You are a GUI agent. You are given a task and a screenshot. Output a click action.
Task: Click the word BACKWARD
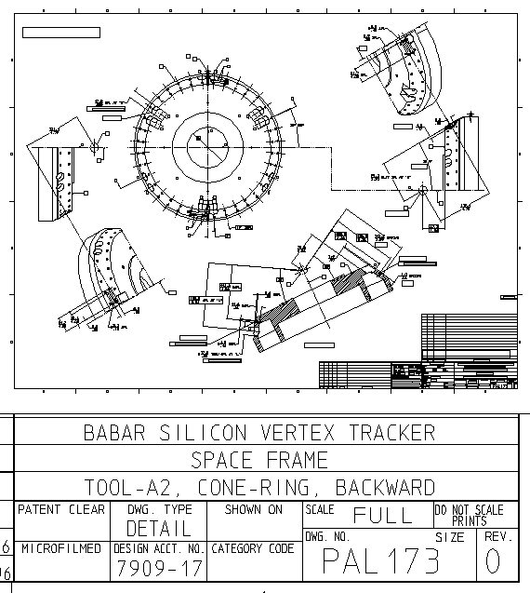pyautogui.click(x=384, y=488)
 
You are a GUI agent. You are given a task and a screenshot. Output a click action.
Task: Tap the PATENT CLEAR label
pyautogui.click(x=62, y=510)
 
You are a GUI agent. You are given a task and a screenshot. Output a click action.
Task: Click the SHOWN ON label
pyautogui.click(x=253, y=510)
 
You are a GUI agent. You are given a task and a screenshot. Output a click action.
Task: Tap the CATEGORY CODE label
pyautogui.click(x=254, y=549)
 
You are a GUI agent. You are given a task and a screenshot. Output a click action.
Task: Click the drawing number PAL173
pyautogui.click(x=380, y=562)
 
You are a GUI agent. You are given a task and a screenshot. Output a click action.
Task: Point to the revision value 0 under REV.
pyautogui.click(x=494, y=562)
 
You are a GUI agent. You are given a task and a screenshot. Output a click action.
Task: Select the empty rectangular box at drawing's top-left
pyautogui.click(x=60, y=33)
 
